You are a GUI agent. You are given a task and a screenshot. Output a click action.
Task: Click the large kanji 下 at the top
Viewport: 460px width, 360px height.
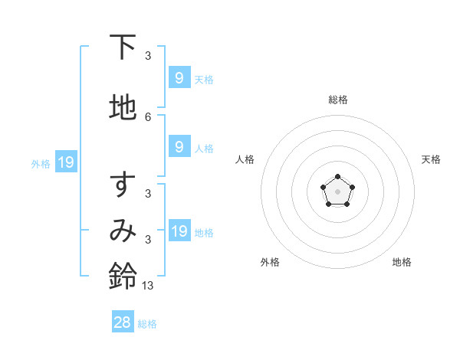[123, 47]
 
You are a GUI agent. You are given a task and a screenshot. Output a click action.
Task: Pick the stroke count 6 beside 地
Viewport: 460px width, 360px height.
[148, 116]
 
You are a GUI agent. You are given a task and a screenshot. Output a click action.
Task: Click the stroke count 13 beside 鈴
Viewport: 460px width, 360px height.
[148, 285]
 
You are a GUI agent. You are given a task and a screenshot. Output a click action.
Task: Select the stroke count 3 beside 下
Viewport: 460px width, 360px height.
[148, 55]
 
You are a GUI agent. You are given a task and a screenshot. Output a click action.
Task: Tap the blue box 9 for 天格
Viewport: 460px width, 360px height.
[179, 77]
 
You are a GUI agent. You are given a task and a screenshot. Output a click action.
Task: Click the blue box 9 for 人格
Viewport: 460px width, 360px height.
[179, 146]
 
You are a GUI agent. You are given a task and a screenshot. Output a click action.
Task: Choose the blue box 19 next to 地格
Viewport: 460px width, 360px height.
[179, 231]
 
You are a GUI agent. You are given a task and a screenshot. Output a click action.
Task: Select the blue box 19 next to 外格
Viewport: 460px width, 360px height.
[65, 162]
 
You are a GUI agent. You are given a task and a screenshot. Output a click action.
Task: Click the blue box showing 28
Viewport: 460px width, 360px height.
[123, 322]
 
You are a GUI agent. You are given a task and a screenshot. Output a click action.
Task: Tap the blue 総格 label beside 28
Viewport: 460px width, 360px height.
[147, 324]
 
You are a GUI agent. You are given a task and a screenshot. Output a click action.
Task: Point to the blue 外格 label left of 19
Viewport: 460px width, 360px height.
[41, 163]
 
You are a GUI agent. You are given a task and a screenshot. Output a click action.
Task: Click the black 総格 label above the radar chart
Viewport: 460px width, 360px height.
[337, 100]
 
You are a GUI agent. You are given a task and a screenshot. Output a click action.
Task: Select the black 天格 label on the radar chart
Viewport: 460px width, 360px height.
[432, 159]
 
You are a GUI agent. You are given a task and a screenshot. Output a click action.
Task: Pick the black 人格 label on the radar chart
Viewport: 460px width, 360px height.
[245, 159]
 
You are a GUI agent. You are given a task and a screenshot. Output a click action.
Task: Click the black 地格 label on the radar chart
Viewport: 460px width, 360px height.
[402, 262]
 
